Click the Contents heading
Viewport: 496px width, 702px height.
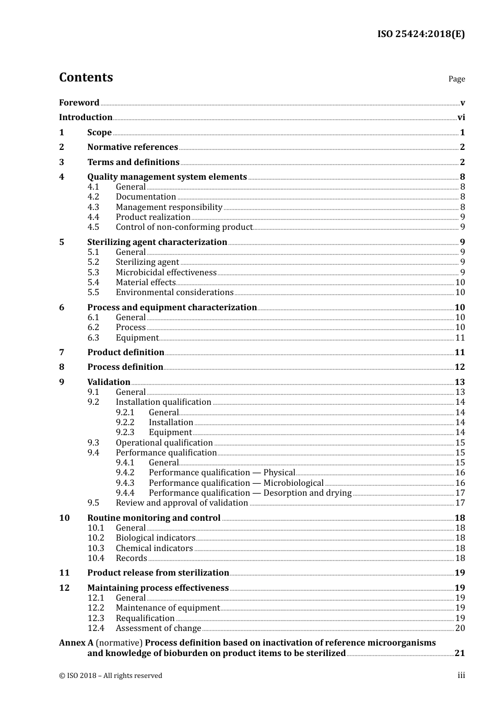(x=86, y=77)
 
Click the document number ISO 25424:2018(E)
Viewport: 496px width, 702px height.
(x=421, y=34)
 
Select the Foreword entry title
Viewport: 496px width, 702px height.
(x=79, y=103)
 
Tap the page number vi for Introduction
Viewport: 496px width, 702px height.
(x=461, y=118)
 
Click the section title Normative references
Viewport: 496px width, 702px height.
(x=133, y=147)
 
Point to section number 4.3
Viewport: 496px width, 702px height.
(x=93, y=207)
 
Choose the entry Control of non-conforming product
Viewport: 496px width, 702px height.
(x=184, y=227)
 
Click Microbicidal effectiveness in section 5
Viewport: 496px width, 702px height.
(x=166, y=272)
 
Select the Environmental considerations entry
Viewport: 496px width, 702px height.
(x=174, y=292)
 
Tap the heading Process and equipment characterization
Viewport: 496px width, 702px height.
(x=172, y=308)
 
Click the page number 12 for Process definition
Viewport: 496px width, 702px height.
(x=459, y=367)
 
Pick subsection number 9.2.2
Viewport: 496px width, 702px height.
(x=125, y=423)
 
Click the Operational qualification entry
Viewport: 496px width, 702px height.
(x=164, y=443)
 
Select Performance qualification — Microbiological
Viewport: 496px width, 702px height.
(x=236, y=483)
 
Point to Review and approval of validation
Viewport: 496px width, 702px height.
(x=182, y=503)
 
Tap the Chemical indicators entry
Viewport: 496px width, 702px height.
(x=154, y=548)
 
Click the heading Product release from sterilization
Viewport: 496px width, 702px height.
(x=158, y=573)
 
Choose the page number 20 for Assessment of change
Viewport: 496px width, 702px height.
(x=459, y=628)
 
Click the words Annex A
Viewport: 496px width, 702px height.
(x=76, y=643)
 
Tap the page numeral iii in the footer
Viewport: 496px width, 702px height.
(x=461, y=675)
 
